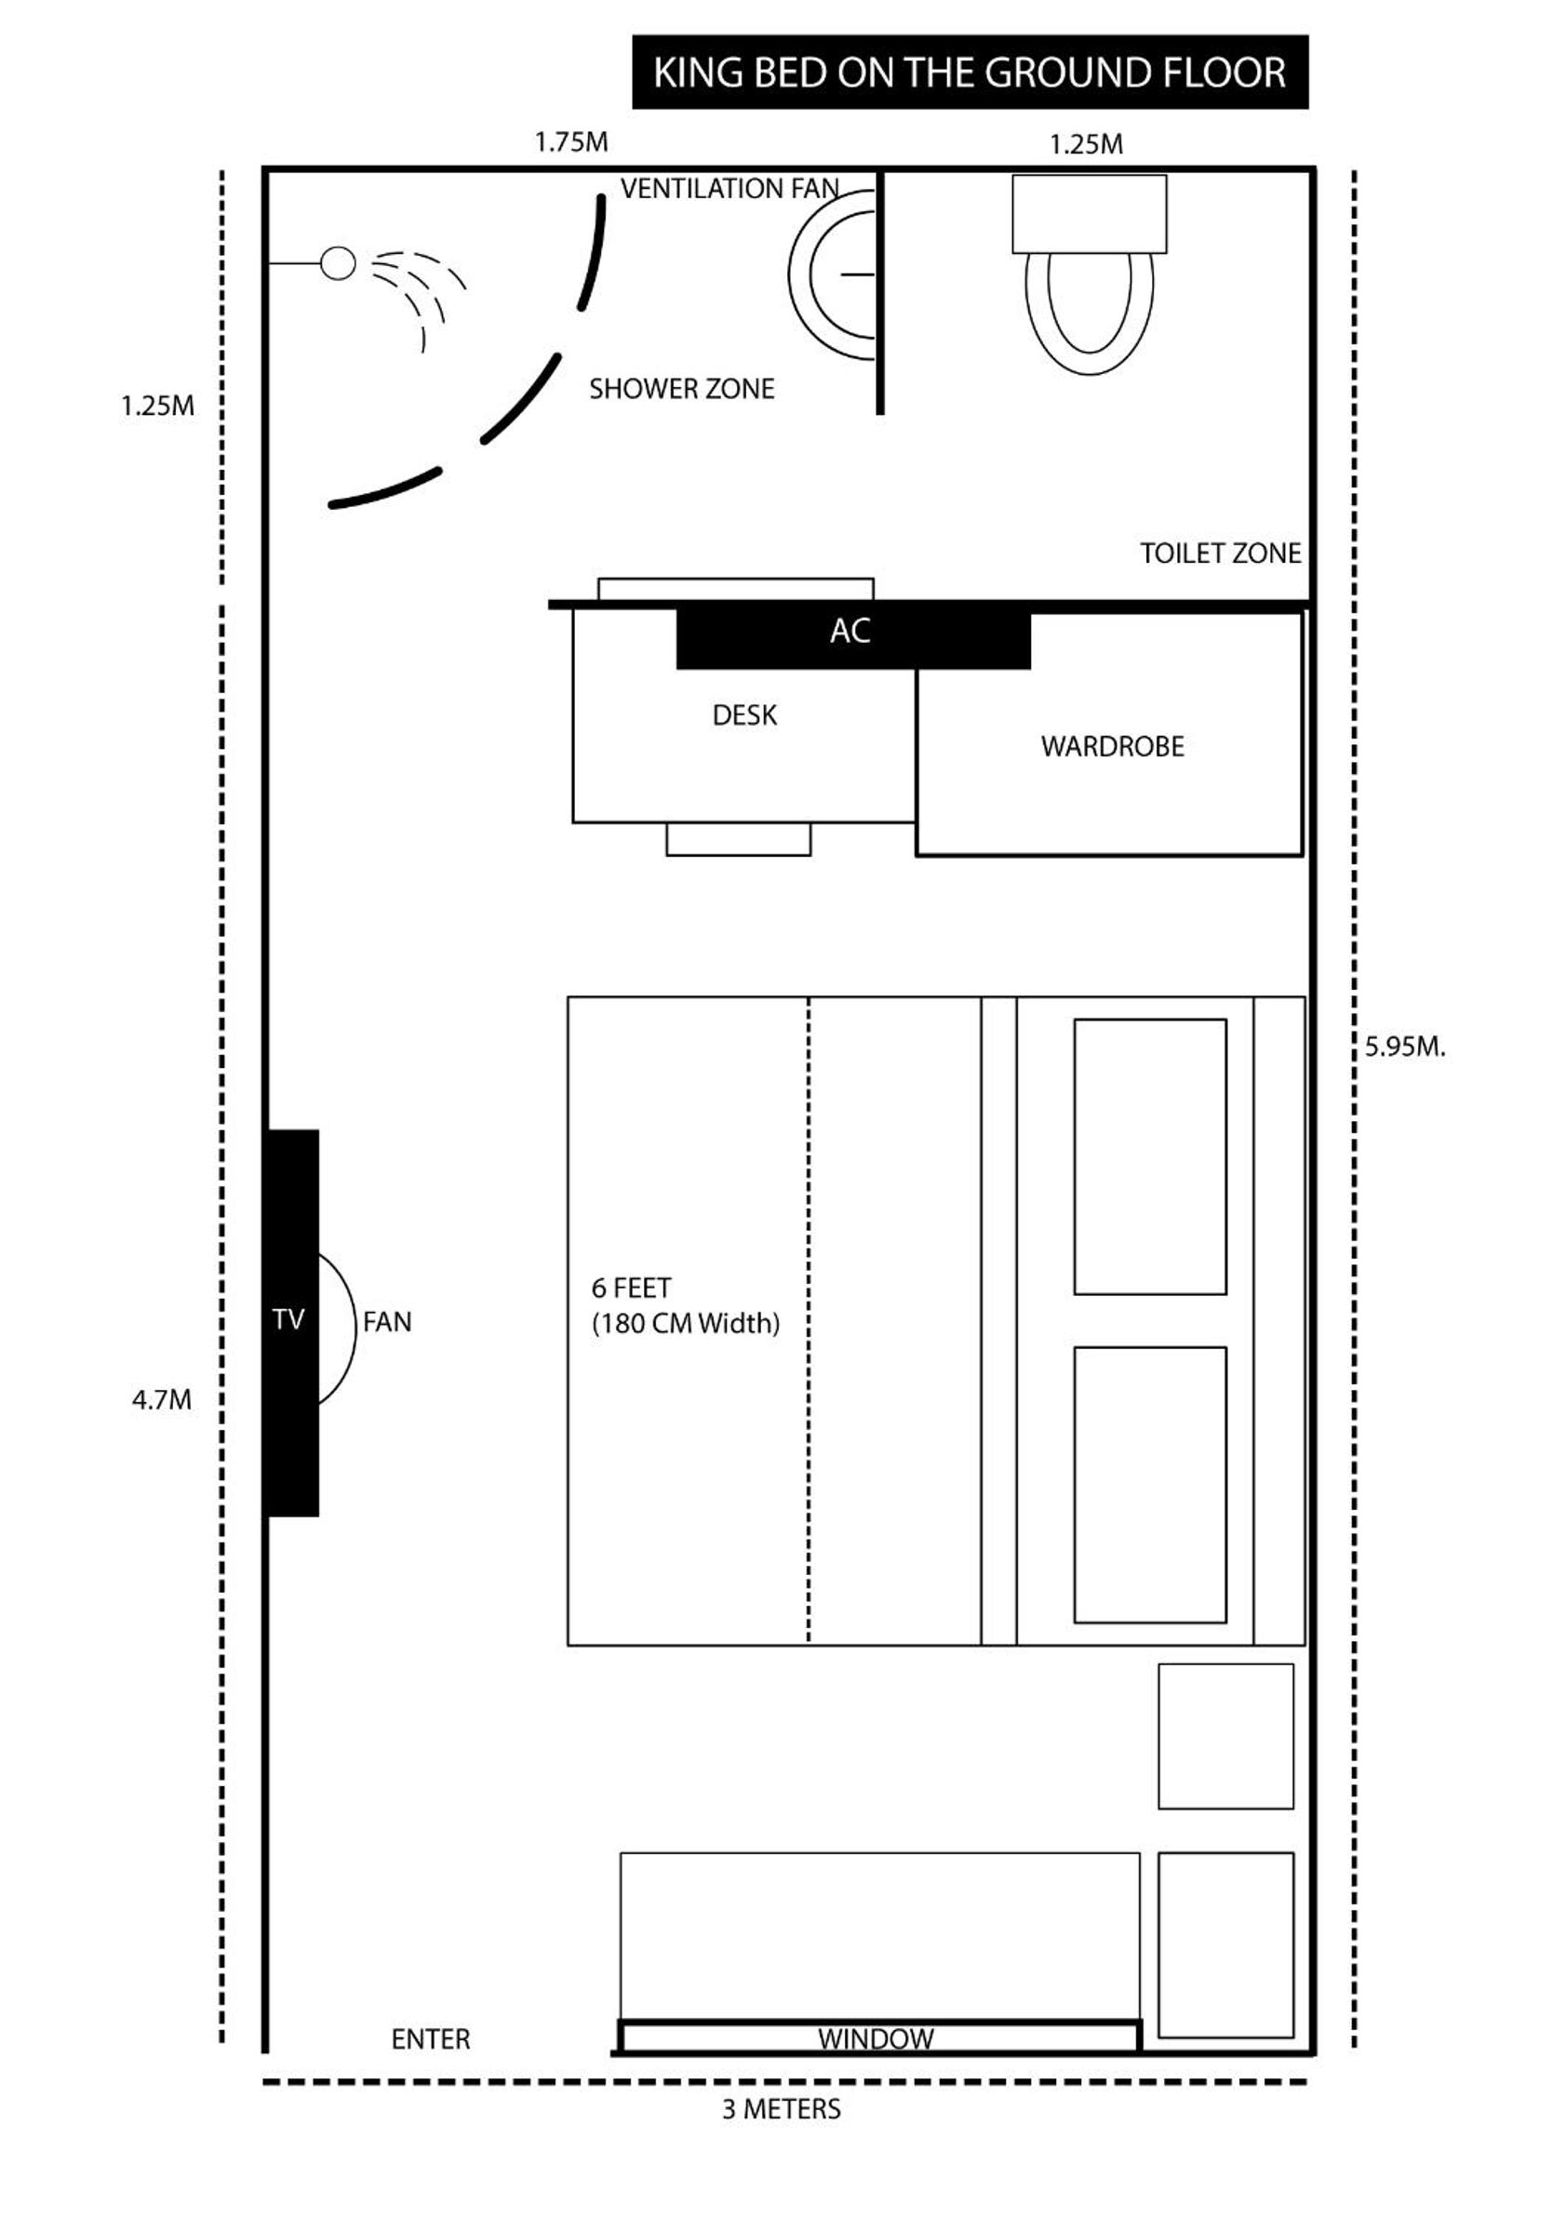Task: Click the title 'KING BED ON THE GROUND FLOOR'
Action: tap(970, 73)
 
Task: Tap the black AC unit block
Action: tap(853, 637)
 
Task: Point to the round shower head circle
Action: tap(338, 263)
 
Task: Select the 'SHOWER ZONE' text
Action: tap(682, 389)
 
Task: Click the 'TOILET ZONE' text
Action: tap(1221, 553)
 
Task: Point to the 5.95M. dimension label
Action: tap(1405, 1048)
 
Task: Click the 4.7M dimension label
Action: tap(162, 1399)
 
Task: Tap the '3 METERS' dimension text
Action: tap(781, 2109)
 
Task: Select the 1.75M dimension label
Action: tap(571, 142)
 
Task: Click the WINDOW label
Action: tap(876, 2038)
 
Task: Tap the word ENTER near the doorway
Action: tap(431, 2039)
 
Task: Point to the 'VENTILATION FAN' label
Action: tap(729, 188)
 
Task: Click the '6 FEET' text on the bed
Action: tap(632, 1288)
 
